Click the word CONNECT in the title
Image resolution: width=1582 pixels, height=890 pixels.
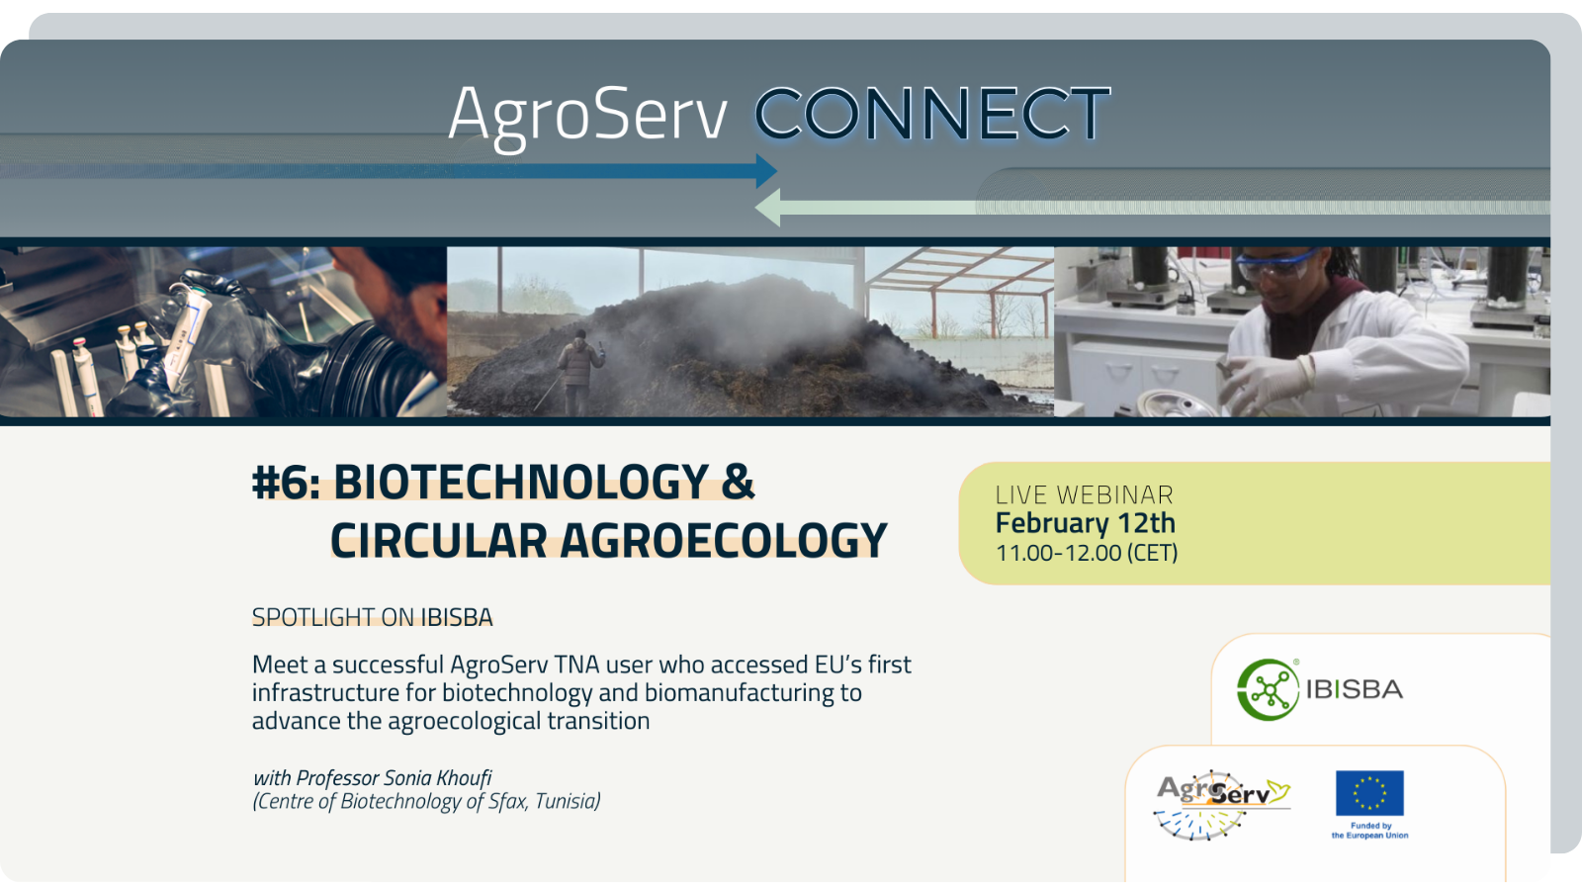[932, 113]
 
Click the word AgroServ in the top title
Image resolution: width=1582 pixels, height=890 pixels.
[587, 118]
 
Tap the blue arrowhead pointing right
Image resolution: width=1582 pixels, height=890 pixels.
[766, 171]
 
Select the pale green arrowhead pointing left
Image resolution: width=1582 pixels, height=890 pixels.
[767, 208]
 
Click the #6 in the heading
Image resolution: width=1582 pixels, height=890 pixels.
[286, 483]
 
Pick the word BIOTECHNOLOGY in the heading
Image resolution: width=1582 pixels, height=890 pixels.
[521, 483]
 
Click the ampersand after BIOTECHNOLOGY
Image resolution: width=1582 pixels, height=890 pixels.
[738, 483]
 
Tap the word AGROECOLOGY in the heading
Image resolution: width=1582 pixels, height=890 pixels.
[723, 540]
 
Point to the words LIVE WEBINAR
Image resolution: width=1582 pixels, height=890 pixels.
[1084, 494]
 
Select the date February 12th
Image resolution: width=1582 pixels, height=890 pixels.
[1086, 523]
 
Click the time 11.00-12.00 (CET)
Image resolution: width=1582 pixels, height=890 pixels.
[1087, 553]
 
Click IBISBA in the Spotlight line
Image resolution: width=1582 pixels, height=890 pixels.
[457, 618]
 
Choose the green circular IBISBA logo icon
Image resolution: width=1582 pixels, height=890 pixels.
[1268, 689]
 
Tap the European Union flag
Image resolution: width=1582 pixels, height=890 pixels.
[1369, 793]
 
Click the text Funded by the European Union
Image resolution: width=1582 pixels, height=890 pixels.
[1370, 831]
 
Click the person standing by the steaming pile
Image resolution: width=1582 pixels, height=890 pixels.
[578, 372]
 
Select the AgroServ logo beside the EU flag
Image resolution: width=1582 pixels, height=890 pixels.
[1222, 805]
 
